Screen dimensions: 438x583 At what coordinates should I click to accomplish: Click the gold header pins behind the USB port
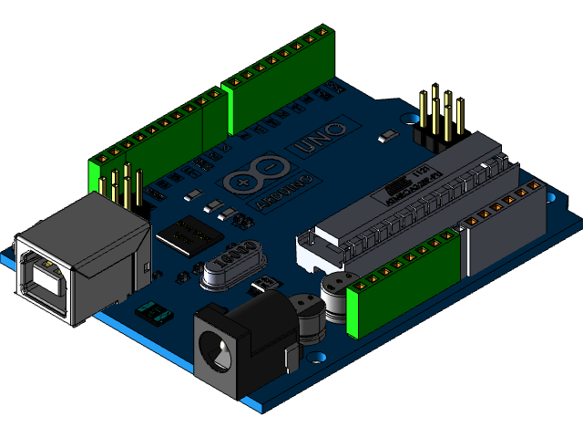point(124,186)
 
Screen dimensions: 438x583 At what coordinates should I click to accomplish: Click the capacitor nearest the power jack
point(307,316)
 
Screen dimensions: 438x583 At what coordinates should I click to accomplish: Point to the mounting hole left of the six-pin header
point(405,120)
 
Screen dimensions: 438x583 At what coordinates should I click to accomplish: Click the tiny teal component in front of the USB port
point(154,314)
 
